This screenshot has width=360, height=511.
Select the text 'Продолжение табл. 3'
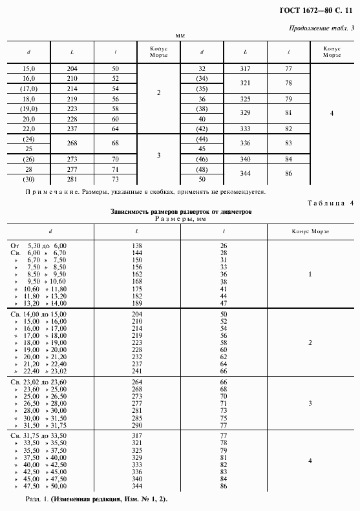(x=319, y=28)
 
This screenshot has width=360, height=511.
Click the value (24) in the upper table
(x=28, y=139)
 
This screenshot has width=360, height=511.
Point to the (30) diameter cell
(x=28, y=179)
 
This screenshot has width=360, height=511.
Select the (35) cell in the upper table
(x=202, y=88)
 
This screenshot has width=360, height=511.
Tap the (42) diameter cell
(x=202, y=129)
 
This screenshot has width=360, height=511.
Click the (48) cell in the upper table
(x=202, y=169)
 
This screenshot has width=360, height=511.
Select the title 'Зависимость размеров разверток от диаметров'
(x=180, y=211)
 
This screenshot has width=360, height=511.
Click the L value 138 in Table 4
(x=137, y=245)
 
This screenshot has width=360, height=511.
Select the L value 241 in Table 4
(x=137, y=371)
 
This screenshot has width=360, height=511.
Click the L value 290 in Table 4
(x=137, y=426)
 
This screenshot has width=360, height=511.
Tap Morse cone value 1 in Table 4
(x=310, y=274)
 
